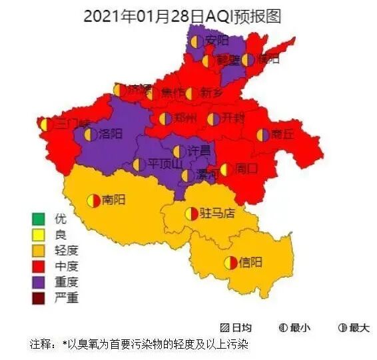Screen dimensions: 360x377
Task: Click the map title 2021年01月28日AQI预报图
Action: pos(187,16)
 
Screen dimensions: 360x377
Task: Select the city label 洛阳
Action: pos(111,134)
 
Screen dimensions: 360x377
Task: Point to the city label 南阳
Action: pos(114,200)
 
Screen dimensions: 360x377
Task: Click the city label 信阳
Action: pos(251,262)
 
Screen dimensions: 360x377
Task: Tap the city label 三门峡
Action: pos(71,124)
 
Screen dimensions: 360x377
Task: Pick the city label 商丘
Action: pos(283,135)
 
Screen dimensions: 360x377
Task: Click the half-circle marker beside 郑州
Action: pos(165,119)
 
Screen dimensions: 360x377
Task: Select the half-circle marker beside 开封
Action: pos(214,119)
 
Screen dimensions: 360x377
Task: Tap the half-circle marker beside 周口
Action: pos(226,170)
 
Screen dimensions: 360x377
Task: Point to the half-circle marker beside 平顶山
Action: pos(139,164)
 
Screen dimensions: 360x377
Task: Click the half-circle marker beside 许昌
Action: pos(179,152)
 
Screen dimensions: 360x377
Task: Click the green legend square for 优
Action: pos(38,219)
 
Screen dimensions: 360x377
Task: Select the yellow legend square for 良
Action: pos(38,235)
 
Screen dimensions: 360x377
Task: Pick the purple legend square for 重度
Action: pos(38,282)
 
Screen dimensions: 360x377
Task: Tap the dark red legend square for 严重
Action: pos(38,298)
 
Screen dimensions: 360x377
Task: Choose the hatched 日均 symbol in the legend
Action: pos(224,328)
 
